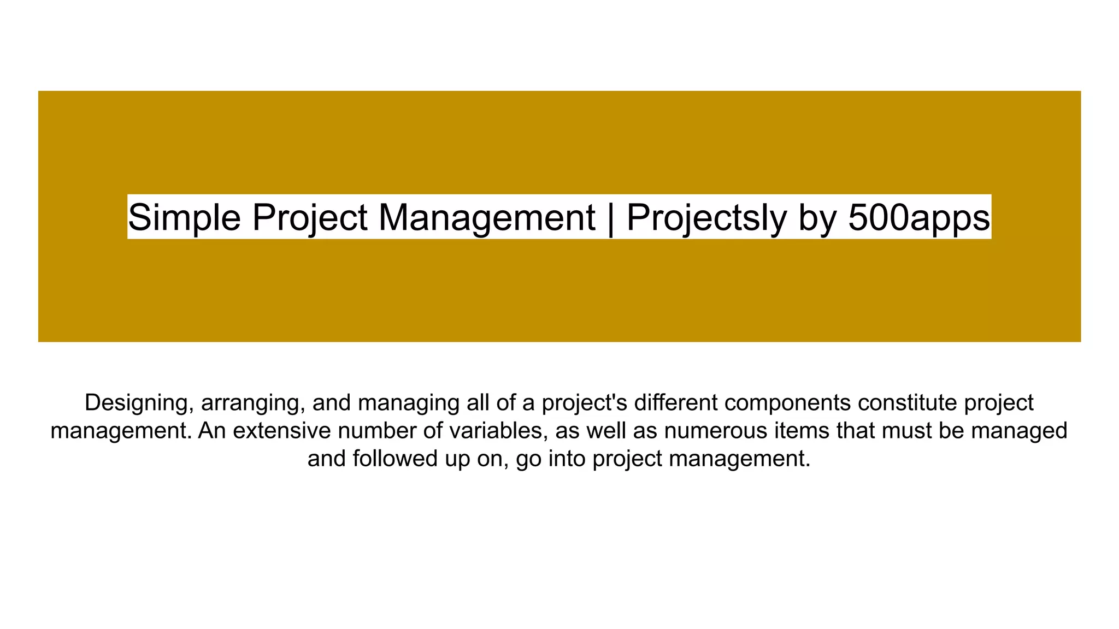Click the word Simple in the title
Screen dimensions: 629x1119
coord(184,217)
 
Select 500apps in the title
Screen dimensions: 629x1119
coord(919,217)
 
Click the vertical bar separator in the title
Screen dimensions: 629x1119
coord(610,217)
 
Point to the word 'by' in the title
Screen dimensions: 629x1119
coord(817,217)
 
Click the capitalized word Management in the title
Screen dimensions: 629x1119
coord(486,217)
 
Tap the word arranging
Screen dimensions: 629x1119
coord(253,403)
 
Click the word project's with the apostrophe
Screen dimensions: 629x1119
coord(585,403)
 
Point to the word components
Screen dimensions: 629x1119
coord(787,403)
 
